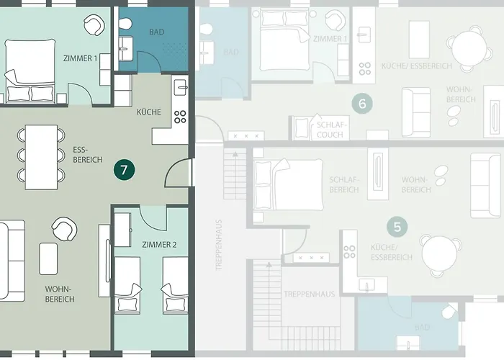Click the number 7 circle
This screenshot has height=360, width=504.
[x=125, y=170]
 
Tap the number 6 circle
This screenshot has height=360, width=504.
[x=362, y=104]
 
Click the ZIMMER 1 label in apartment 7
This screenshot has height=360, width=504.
[x=80, y=58]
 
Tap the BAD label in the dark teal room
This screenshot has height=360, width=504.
[x=156, y=32]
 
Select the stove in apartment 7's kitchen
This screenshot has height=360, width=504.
[x=180, y=116]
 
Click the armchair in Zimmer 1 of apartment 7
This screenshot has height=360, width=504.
[x=93, y=26]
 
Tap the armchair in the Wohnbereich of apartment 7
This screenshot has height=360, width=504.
[x=63, y=230]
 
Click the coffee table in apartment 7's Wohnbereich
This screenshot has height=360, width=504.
[x=48, y=257]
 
